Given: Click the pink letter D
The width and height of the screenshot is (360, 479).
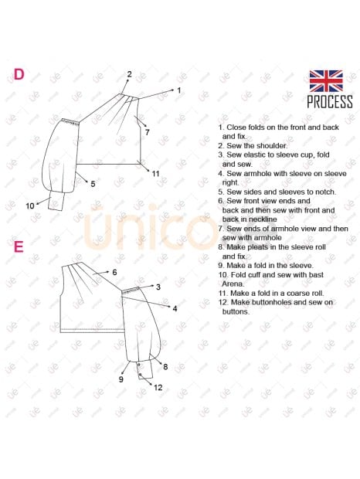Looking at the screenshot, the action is (x=19, y=74).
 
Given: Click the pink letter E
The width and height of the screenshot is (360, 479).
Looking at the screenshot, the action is (x=19, y=246).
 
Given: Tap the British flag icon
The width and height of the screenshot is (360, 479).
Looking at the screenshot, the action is (x=326, y=81).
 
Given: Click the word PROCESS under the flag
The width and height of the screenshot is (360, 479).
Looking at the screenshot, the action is (x=330, y=102).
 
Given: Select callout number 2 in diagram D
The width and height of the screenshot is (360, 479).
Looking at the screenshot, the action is (x=130, y=74).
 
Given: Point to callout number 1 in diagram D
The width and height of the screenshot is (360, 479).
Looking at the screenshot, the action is (x=179, y=90).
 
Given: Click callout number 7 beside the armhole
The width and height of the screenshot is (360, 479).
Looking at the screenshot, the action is (x=148, y=132).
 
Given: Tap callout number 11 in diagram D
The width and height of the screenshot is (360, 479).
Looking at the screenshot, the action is (x=156, y=174).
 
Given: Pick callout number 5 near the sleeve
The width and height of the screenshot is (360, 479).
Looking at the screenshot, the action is (x=93, y=184).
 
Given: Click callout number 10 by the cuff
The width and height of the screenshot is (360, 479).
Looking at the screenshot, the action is (x=30, y=206).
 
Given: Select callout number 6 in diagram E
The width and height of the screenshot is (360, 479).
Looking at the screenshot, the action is (x=114, y=272).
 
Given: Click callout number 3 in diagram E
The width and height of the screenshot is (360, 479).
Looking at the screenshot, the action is (x=158, y=287).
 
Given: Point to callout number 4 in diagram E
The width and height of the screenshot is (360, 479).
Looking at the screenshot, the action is (x=175, y=308).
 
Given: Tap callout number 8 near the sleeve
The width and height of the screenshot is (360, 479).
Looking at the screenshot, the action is (x=165, y=367).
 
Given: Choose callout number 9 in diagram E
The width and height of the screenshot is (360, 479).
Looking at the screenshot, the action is (x=121, y=379).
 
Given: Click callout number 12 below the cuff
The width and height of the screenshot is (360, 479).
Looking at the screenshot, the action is (x=158, y=388).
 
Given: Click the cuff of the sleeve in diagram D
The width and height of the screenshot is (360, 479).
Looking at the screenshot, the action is (x=56, y=202).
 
